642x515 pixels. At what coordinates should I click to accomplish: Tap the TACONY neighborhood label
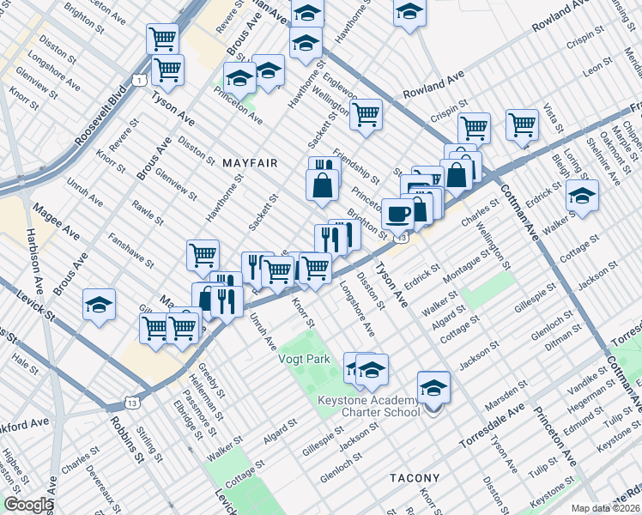point(415,478)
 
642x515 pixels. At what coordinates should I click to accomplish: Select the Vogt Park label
point(305,360)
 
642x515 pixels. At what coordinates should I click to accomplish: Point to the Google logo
point(27,505)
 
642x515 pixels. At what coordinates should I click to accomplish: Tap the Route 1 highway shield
point(137,80)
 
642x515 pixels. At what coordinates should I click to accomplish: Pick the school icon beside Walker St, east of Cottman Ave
point(582,197)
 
